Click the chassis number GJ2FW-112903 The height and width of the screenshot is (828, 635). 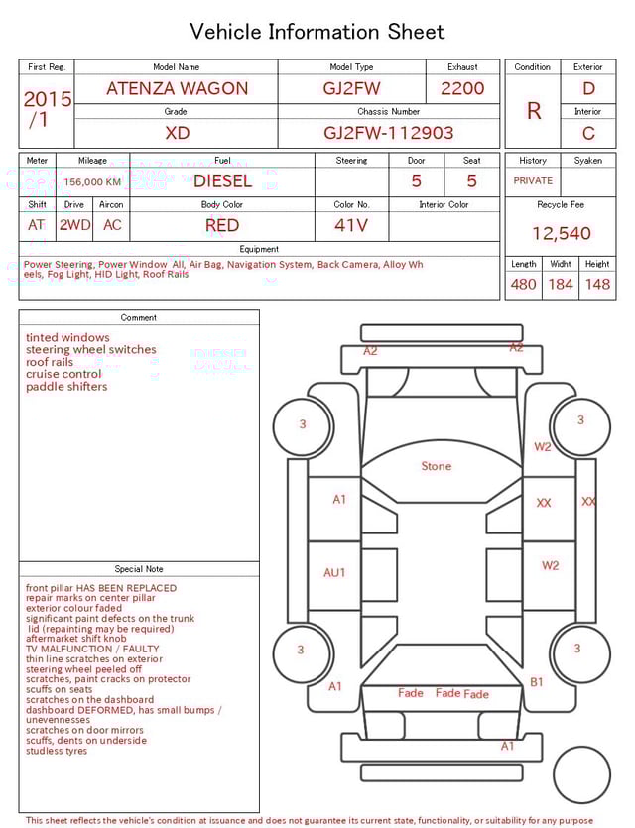click(x=388, y=133)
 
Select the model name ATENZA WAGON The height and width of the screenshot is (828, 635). click(x=177, y=88)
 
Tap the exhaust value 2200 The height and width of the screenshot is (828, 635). click(x=462, y=88)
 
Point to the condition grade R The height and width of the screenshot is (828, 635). click(x=534, y=111)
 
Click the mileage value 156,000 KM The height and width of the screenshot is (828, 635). click(x=92, y=182)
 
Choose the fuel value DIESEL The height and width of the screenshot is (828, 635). click(x=222, y=181)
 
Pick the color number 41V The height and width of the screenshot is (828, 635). click(x=351, y=225)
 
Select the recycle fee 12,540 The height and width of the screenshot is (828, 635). click(x=561, y=233)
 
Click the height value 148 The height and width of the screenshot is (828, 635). click(x=597, y=284)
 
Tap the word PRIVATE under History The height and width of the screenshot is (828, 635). click(x=533, y=180)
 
